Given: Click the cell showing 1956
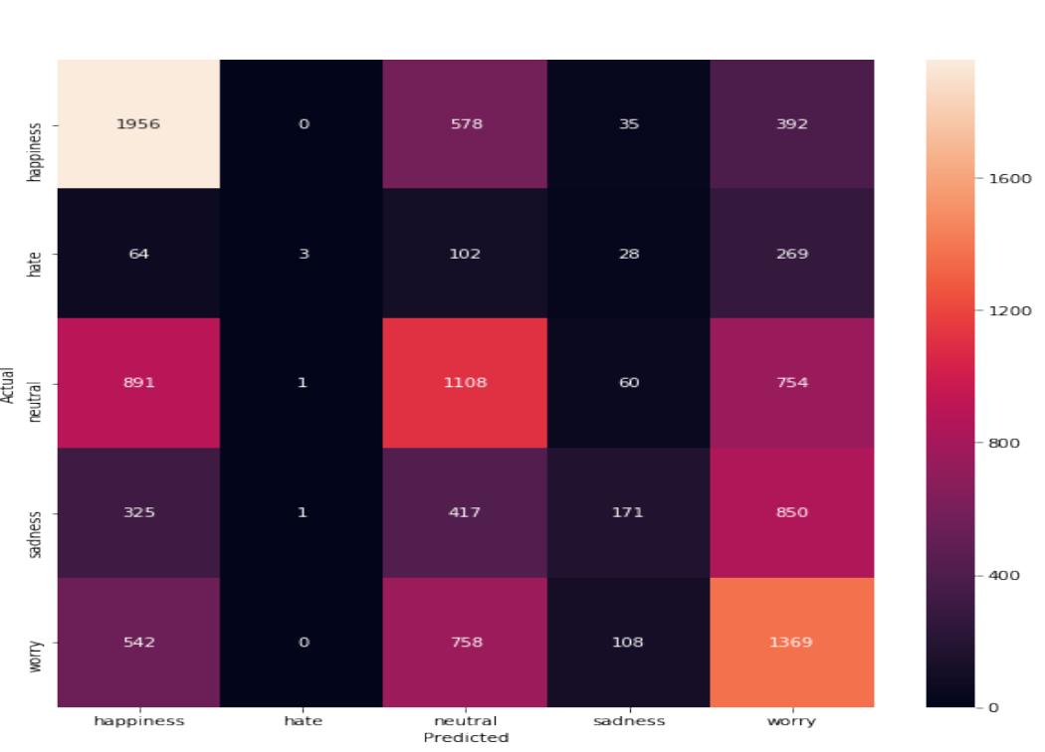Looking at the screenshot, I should coord(138,124).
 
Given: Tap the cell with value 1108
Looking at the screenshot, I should coord(465,383).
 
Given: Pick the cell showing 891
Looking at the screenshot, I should coord(138,383).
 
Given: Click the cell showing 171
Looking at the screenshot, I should coord(629,512).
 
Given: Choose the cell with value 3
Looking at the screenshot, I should coord(302,254).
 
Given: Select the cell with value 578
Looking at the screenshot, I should coord(465,124).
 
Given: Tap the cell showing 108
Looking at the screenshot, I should coord(629,642).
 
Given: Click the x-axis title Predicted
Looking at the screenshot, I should coord(466,738).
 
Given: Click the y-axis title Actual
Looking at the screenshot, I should coord(9,383).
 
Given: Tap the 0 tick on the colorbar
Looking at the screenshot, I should coord(991,707).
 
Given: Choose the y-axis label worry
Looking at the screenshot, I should coord(36,642).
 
